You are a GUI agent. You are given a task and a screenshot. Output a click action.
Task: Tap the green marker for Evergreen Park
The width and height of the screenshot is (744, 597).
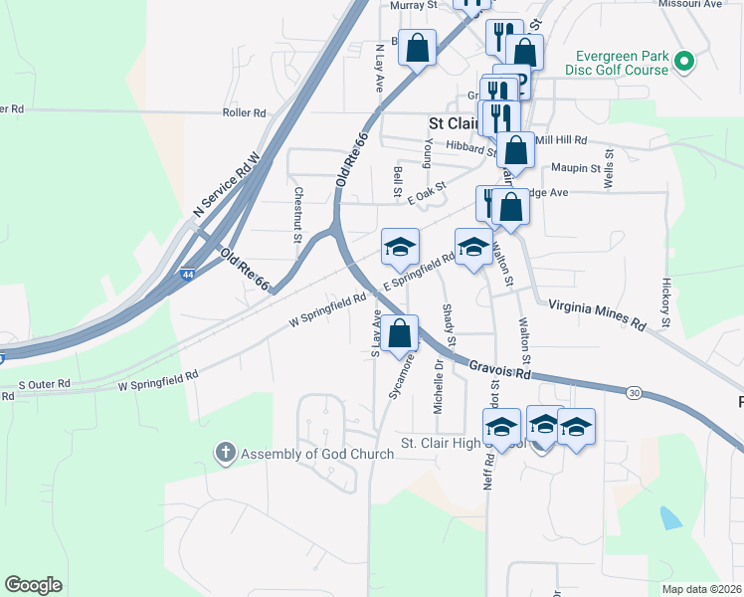683,63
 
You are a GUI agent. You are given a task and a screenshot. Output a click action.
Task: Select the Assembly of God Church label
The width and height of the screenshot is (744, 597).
317,454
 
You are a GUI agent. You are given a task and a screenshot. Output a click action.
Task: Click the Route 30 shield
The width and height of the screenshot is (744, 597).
634,393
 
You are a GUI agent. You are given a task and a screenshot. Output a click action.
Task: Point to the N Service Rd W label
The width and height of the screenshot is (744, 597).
226,185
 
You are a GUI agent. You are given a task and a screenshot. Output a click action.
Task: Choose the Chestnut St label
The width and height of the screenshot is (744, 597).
296,215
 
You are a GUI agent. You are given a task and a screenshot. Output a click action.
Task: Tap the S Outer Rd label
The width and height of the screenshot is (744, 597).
45,383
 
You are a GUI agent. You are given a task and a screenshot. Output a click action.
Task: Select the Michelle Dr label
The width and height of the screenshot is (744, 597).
438,386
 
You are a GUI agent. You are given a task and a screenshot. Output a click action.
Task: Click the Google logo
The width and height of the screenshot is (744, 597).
34,585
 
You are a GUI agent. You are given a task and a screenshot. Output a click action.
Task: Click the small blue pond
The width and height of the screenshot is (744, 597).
671,517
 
